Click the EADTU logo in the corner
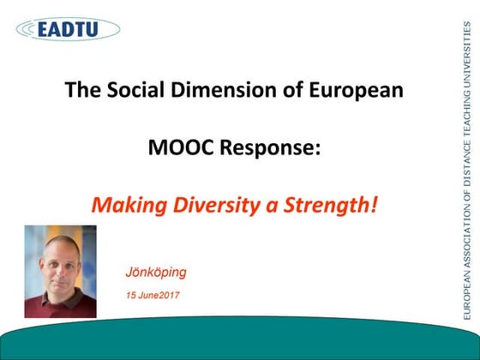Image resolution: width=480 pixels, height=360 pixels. [x=67, y=28]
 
